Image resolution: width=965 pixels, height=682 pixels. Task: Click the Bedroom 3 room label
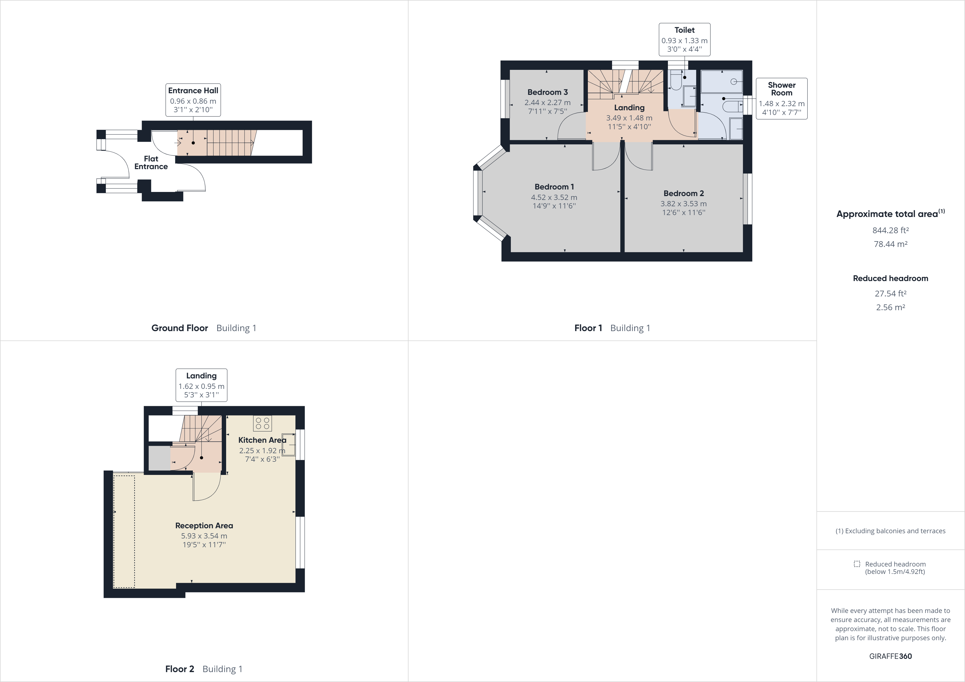click(x=547, y=92)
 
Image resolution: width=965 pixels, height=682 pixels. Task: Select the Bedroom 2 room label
click(x=683, y=193)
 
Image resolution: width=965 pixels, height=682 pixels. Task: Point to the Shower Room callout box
click(x=781, y=98)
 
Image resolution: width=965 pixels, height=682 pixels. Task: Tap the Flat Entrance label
click(x=151, y=163)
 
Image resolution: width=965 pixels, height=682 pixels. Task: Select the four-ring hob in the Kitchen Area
click(x=262, y=423)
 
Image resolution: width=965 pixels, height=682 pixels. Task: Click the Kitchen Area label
click(x=262, y=440)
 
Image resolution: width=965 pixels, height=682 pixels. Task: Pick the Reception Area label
click(x=204, y=525)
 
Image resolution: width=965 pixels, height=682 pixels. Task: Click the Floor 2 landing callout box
click(x=201, y=385)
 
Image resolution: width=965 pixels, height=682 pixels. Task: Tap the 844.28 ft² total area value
click(x=890, y=230)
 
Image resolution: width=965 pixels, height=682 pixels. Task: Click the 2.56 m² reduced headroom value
click(x=890, y=307)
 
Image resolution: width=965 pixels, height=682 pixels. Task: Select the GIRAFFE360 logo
click(x=890, y=656)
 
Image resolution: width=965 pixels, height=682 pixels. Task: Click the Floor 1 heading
click(x=588, y=328)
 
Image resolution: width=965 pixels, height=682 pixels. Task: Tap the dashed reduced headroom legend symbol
click(x=857, y=564)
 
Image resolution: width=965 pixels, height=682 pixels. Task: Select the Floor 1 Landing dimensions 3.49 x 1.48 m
click(x=629, y=118)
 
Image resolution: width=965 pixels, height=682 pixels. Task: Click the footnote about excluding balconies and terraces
click(x=890, y=531)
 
